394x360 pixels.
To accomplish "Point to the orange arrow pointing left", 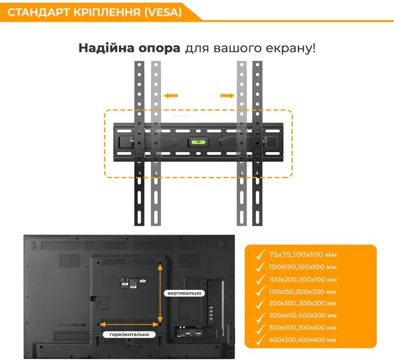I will [170, 95].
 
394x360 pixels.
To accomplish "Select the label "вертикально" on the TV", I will [185, 293].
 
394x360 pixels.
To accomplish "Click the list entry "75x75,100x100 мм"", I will [303, 254].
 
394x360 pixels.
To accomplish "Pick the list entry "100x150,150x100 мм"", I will [303, 267].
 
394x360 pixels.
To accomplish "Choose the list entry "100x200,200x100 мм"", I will [303, 279].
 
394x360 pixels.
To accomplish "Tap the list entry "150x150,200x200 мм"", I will [303, 291].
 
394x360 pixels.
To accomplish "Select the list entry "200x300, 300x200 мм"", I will [303, 303].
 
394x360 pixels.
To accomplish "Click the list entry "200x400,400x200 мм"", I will [303, 315].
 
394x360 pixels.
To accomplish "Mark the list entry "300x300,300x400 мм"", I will [303, 328].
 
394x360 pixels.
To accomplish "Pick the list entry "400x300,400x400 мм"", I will [303, 340].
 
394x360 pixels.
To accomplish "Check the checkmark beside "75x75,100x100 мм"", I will [260, 253].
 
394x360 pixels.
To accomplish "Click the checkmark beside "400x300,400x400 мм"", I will [260, 339].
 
